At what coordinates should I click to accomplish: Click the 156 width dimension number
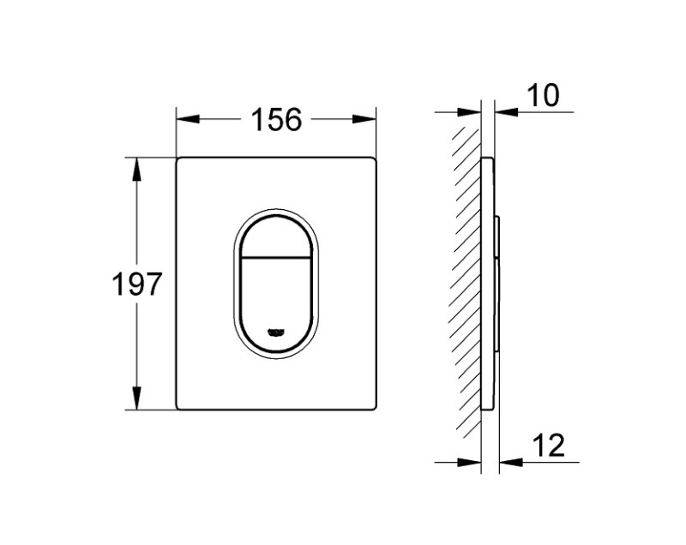click(x=276, y=120)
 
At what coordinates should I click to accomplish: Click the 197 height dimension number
click(x=137, y=284)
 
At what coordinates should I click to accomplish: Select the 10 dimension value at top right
click(x=542, y=96)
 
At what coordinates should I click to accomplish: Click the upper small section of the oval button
click(x=276, y=236)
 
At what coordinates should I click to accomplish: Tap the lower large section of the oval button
click(x=276, y=296)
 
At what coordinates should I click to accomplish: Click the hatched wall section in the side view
click(x=467, y=283)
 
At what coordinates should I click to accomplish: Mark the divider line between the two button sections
click(x=276, y=256)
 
